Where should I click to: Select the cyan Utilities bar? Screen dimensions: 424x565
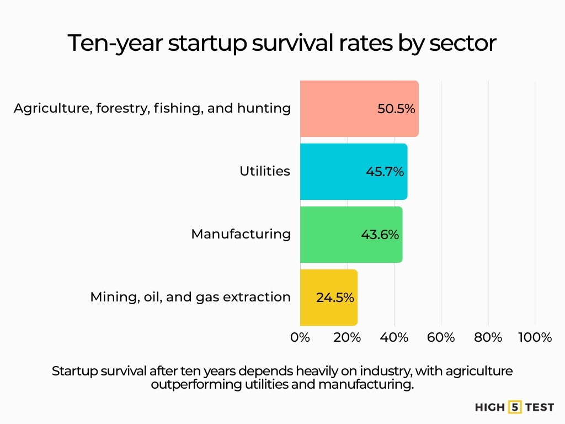coord(331,172)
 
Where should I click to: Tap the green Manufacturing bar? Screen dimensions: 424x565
coord(329,235)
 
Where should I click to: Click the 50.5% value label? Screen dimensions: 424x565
coord(396,109)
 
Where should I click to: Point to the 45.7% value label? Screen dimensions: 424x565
coord(385,172)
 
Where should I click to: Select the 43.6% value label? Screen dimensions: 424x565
coord(380,235)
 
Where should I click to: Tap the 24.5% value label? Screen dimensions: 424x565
coord(335,298)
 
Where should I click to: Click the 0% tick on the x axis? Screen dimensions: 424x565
coord(300,337)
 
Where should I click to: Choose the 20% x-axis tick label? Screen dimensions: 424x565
coord(347,337)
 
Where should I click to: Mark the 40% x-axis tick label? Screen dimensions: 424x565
coord(394,337)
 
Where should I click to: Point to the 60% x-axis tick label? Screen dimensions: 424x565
coord(441,337)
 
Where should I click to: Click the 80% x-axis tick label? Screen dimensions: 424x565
coord(488,337)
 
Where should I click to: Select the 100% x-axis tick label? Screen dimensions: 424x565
coord(535,337)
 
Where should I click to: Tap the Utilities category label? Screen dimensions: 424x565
coord(265,171)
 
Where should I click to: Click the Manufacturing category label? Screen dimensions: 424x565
coord(241,234)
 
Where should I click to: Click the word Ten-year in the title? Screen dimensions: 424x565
coord(114,44)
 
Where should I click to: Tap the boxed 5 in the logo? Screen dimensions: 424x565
coord(516,407)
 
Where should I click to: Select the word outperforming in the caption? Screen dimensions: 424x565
coord(196,385)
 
